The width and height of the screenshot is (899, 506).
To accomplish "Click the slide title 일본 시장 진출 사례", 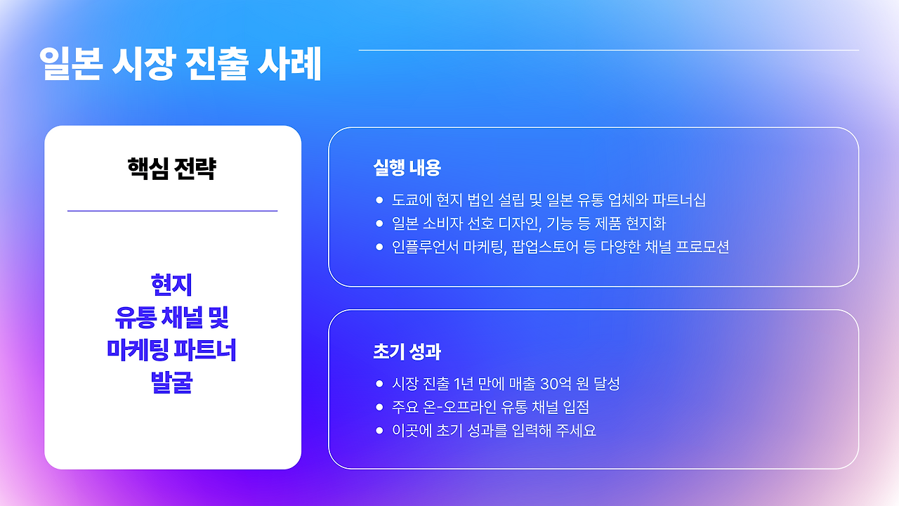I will pos(181,65).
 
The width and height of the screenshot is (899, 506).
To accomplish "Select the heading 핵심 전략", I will pos(172,169).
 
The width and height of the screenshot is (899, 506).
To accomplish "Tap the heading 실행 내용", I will pos(407,168).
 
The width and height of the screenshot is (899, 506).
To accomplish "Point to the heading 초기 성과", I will pos(407,351).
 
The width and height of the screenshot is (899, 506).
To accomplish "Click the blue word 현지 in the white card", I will pos(172,285).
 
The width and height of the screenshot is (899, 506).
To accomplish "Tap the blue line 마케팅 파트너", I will pos(172,350).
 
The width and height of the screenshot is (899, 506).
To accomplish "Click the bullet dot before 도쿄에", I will pos(379,200).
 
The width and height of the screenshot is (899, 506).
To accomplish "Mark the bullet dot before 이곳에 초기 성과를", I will pos(379,430).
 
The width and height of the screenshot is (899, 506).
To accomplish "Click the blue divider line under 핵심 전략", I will pos(172,211).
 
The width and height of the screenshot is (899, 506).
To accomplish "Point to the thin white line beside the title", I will pos(608,51).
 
